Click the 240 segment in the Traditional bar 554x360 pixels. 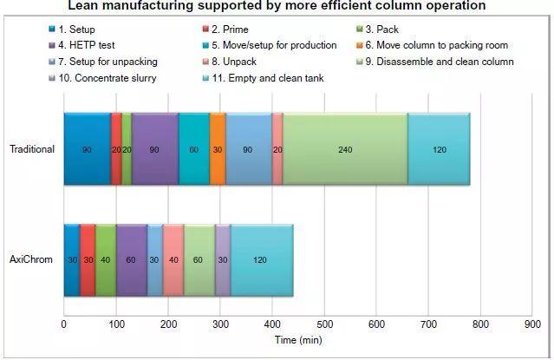[x=345, y=149]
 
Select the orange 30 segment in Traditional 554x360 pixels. [x=218, y=149]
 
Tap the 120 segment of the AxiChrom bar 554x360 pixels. [x=262, y=260]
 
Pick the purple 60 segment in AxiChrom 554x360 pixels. [x=132, y=260]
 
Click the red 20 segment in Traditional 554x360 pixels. [x=116, y=149]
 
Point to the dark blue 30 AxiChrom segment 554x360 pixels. [x=72, y=260]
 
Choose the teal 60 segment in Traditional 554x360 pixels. [x=194, y=149]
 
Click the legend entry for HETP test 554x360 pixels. [x=81, y=45]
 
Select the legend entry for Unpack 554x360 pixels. [x=229, y=62]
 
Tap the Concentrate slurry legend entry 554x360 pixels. [x=102, y=78]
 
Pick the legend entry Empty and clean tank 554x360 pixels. [x=264, y=78]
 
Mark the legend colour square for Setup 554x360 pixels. [x=52, y=29]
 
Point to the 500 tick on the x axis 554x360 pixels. [x=324, y=324]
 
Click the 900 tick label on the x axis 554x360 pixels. [x=532, y=324]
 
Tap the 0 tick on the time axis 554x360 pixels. [x=64, y=324]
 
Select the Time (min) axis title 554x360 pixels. [x=298, y=340]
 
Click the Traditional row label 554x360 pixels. [x=32, y=149]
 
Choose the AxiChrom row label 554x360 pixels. [x=31, y=259]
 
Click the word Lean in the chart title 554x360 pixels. [x=82, y=6]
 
